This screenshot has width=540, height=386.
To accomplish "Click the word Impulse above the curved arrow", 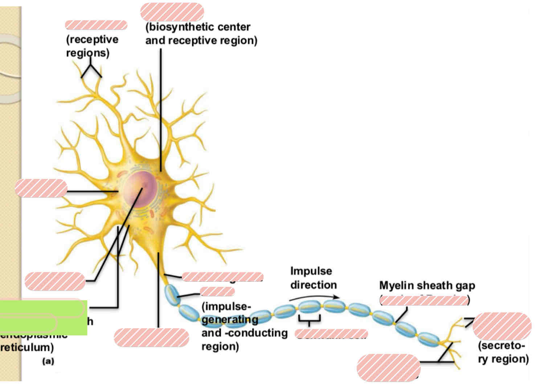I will [311, 271].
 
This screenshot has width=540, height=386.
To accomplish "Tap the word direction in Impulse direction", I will [313, 285].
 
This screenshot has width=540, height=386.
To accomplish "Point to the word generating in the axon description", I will [230, 320].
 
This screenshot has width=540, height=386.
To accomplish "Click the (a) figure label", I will [48, 361].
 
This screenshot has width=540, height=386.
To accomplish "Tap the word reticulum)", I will [27, 348].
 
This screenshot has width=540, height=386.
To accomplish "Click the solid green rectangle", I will [44, 317].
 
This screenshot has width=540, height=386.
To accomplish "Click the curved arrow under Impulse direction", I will [314, 298].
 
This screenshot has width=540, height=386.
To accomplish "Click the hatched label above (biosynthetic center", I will [172, 12].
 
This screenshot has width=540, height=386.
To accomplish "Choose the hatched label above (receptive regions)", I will [96, 25].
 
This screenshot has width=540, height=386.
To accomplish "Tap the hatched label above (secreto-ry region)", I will [502, 326].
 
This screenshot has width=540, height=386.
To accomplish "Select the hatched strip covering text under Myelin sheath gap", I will [424, 300].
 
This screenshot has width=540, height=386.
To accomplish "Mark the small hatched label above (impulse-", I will [217, 292].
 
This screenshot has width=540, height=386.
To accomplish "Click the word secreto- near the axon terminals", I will [501, 346].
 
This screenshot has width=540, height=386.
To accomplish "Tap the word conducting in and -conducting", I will [259, 333].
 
